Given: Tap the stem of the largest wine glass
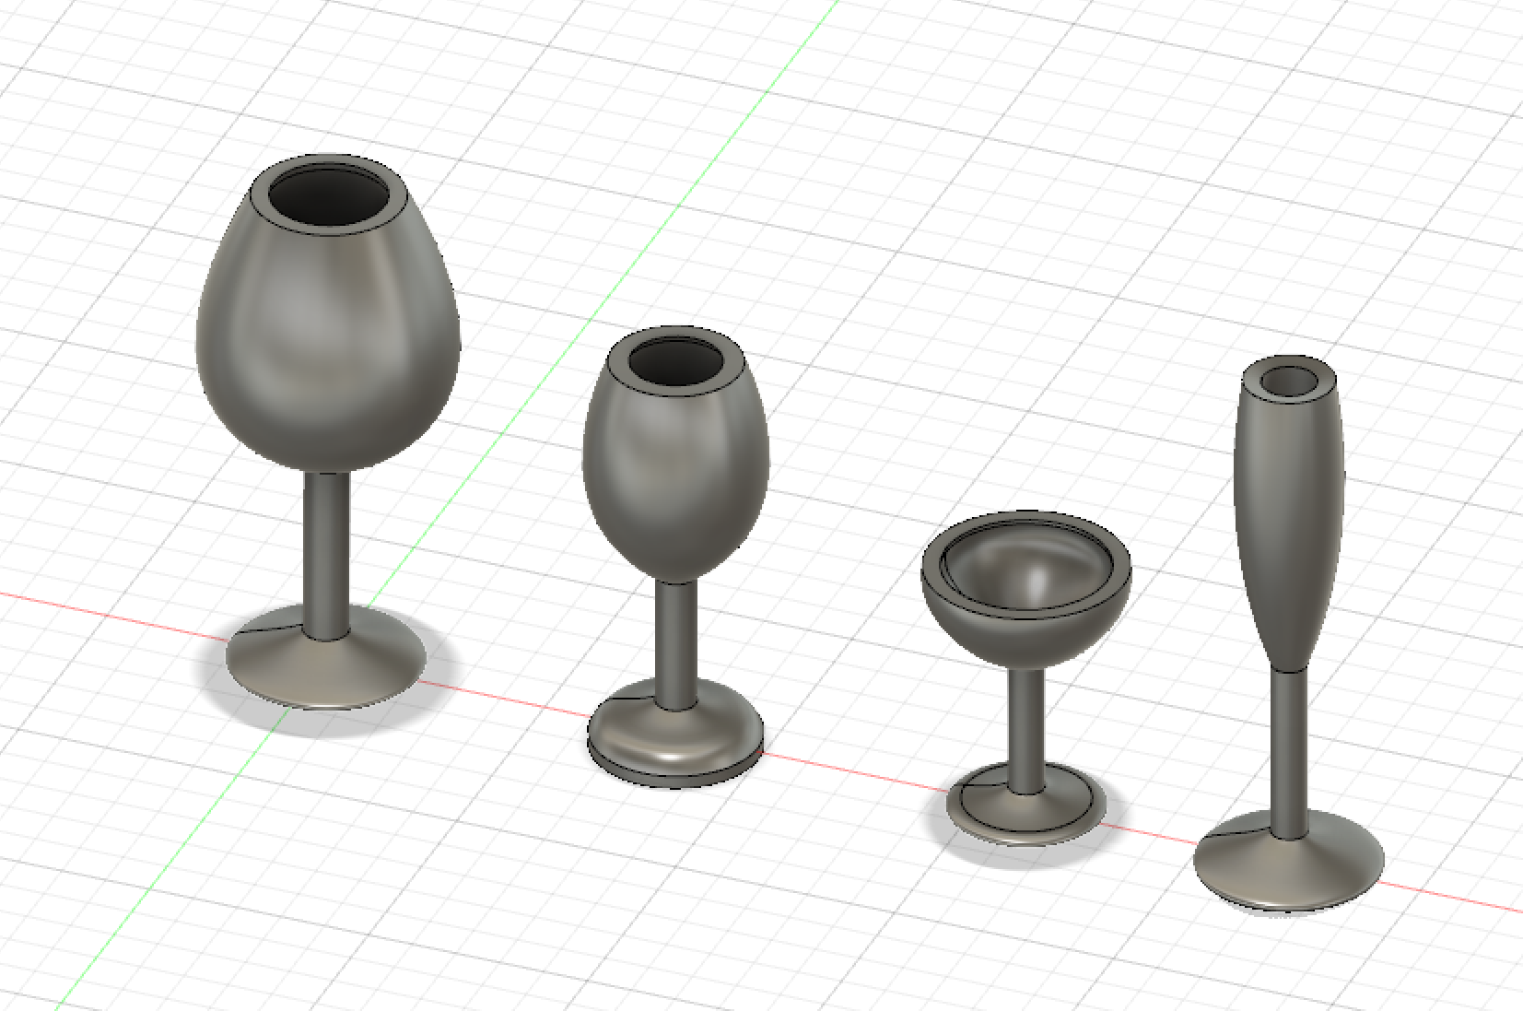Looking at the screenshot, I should click(326, 553).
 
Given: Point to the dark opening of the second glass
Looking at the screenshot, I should click(677, 360).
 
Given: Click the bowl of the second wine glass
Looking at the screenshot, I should click(675, 479).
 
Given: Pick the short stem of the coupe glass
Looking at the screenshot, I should click(1025, 728).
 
